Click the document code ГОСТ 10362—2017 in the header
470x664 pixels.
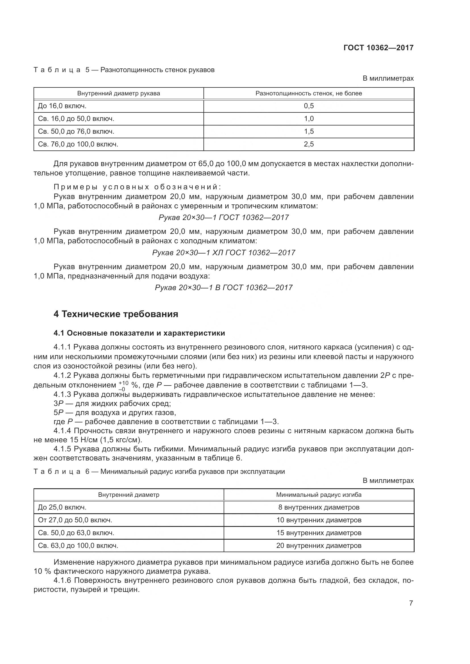378,48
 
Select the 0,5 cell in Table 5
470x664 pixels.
309,106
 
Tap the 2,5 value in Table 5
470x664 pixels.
309,144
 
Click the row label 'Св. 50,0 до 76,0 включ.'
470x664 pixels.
76,131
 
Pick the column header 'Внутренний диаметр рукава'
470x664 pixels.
118,93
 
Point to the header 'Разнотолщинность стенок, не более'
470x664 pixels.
309,93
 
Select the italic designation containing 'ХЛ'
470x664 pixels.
223,252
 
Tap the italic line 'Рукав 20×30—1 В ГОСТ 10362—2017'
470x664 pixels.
223,288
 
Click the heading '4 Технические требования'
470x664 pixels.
116,314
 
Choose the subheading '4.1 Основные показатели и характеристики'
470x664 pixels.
139,333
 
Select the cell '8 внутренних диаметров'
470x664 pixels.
319,507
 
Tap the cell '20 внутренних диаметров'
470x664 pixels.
319,545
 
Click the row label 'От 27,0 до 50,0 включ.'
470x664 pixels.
75,520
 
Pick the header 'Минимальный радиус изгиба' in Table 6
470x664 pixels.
319,495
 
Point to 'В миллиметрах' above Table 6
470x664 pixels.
388,480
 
